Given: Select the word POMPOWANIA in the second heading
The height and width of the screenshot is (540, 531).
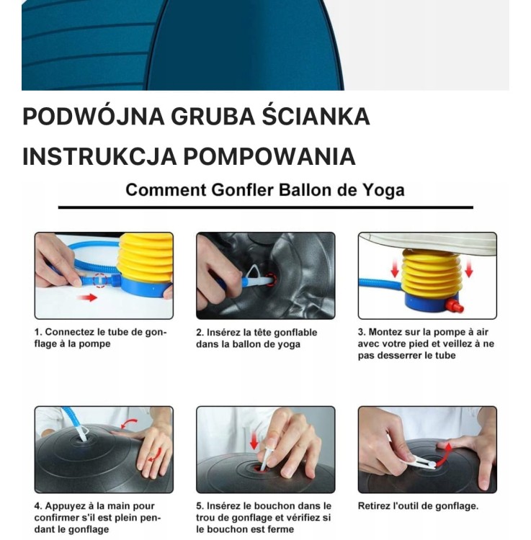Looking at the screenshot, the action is [269, 156].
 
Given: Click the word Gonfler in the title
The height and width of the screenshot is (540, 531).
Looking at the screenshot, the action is [242, 190].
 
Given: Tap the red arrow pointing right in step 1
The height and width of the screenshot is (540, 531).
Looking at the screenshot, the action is [87, 297].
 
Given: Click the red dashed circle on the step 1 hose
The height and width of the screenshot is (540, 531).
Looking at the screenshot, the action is [100, 280].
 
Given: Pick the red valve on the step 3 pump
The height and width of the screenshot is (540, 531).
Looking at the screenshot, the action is [454, 306].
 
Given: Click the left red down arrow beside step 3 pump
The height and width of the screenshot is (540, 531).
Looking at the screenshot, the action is [395, 269].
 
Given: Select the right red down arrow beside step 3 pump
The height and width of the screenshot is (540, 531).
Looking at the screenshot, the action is [468, 268].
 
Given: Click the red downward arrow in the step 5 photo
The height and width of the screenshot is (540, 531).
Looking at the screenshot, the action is [254, 441].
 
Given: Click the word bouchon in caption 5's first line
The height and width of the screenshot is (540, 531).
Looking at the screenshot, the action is [269, 506].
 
